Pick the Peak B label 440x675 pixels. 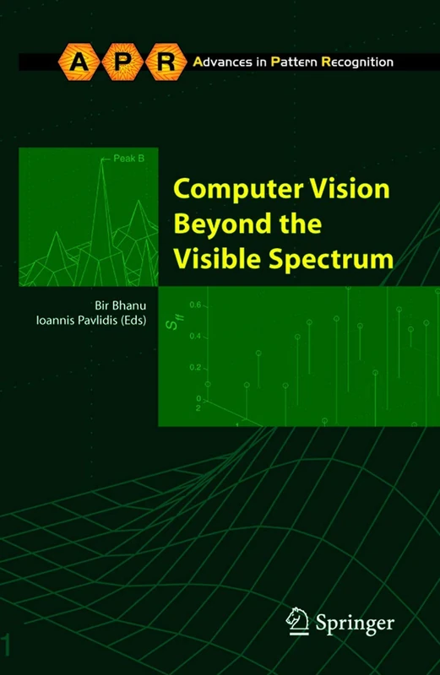tap(118, 157)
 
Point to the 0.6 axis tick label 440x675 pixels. tap(196, 305)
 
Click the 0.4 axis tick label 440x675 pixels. tap(196, 336)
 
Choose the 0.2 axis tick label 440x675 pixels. tap(196, 368)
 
